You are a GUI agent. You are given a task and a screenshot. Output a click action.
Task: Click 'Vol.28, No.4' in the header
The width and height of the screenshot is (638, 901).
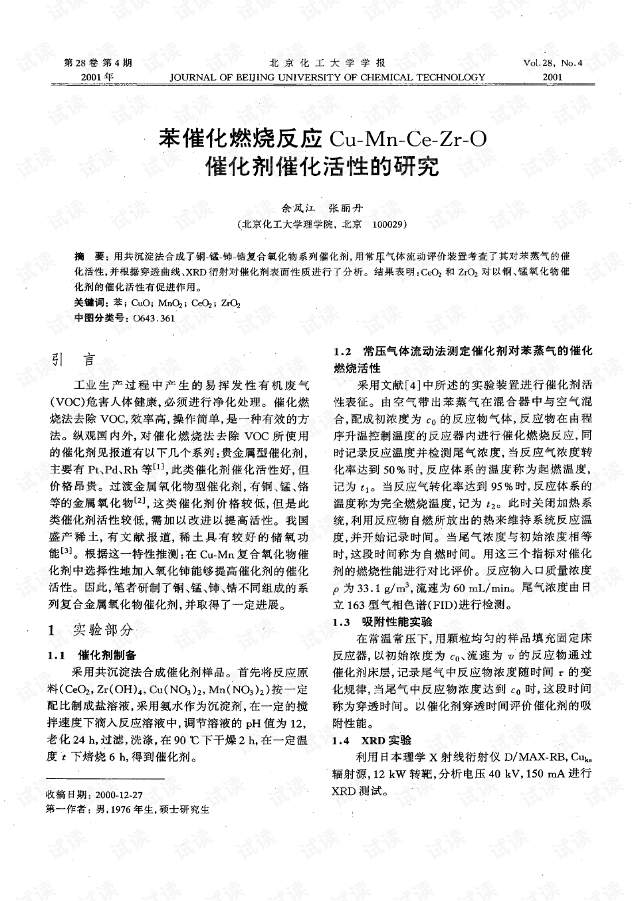pos(553,63)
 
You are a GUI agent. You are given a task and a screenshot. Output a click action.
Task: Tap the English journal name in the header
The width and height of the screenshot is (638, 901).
pos(328,77)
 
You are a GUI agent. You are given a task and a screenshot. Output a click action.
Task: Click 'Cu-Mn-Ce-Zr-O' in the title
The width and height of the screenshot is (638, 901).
pos(407,139)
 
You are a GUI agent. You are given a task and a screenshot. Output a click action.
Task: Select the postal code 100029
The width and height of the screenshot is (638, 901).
pos(389,225)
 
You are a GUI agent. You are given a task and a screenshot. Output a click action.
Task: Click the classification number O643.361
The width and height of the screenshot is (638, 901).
pos(154,318)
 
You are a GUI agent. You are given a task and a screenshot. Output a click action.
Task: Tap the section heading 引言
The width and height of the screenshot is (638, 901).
pos(74,360)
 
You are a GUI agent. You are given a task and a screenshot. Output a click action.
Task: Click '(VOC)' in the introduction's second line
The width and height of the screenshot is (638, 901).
pos(64,402)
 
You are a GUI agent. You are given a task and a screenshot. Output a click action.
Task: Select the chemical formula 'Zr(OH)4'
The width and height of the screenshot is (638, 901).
pos(122,688)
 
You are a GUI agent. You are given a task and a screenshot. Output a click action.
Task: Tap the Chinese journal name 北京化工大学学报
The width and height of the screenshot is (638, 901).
pos(327,63)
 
